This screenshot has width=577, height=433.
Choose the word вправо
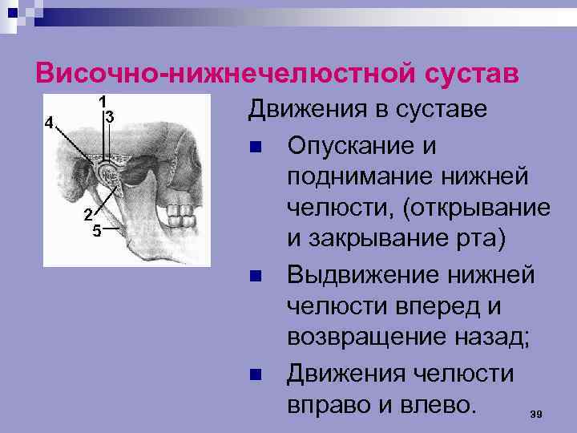[x=336, y=400]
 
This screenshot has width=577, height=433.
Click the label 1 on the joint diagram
[x=103, y=103]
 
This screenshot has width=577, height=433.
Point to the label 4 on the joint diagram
[x=49, y=123]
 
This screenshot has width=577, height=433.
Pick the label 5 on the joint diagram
[x=96, y=232]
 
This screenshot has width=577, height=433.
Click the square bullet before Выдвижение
[x=256, y=277]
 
